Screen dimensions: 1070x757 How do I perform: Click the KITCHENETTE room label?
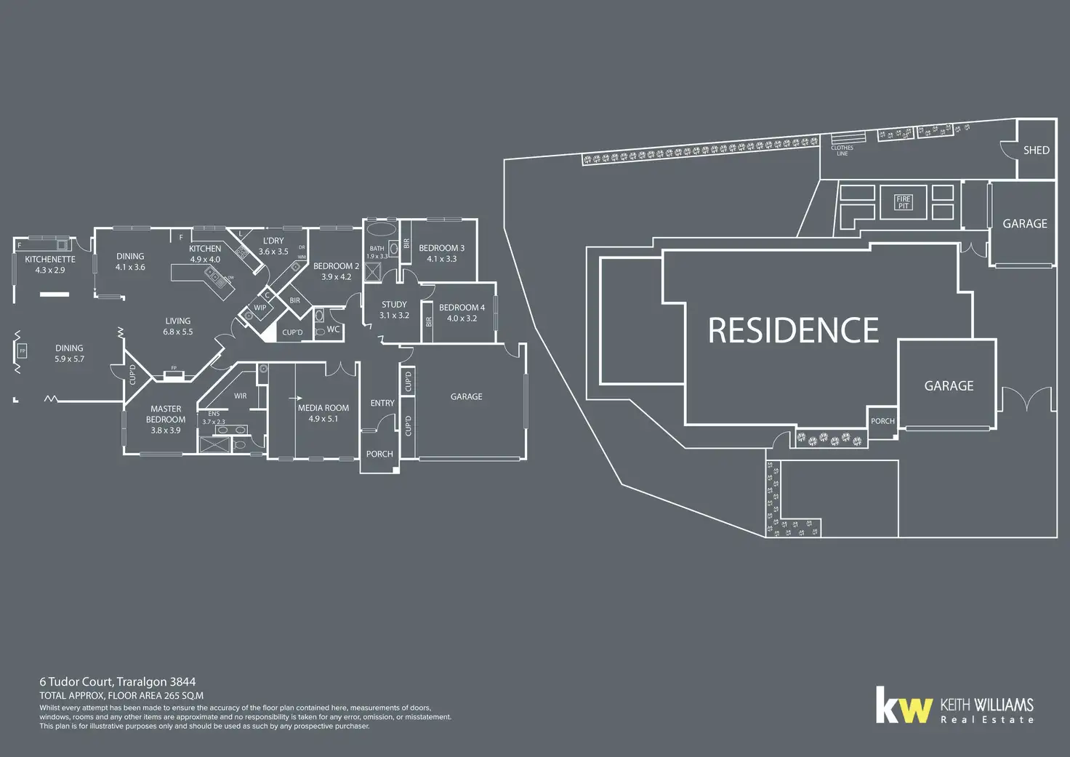coord(50,260)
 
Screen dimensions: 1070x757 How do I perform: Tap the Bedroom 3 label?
coord(441,248)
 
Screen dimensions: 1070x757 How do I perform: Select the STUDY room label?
coord(394,305)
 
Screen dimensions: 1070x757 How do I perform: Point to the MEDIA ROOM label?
coord(323,408)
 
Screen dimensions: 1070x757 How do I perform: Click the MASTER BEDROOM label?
coord(166,414)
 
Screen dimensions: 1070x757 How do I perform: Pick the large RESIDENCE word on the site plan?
coord(793,330)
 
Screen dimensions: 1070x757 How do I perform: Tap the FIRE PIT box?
coord(903,202)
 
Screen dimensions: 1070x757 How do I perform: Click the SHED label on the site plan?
coord(1036,151)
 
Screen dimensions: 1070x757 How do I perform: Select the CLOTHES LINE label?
coord(842,151)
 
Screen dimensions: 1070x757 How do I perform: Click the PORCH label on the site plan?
coord(882,421)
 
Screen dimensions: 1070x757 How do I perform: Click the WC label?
coord(333,329)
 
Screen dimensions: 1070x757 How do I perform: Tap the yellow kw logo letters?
coord(904,706)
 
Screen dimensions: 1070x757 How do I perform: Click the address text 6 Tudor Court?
coord(76,682)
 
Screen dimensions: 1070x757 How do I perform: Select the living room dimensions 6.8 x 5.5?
coord(178,332)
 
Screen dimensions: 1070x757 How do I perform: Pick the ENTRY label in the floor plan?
coord(382,403)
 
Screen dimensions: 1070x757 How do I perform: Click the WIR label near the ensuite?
coord(240,396)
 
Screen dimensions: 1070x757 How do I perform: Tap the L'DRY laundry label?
coord(273,241)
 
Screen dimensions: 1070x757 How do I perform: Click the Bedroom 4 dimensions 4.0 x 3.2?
coord(462,319)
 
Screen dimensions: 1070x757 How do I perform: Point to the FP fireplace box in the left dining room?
coord(22,351)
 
